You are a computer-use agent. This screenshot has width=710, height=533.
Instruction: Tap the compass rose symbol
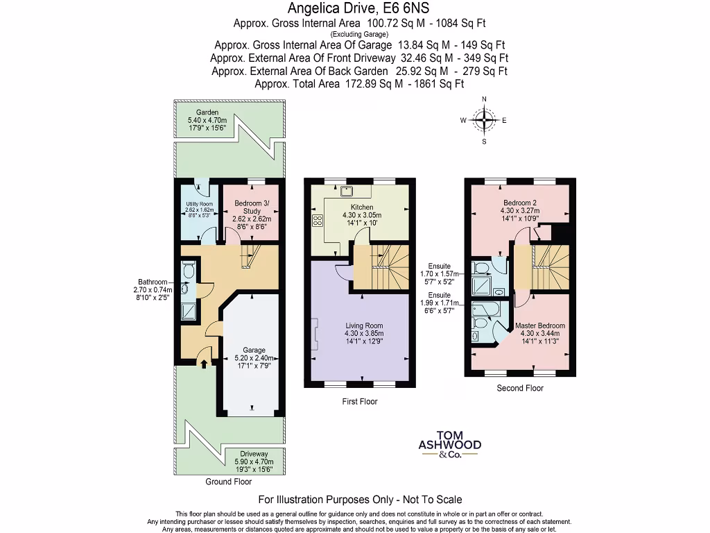point(483,120)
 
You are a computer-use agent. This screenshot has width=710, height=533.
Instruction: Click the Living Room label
point(364,325)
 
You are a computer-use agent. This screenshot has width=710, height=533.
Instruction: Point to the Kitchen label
point(362,207)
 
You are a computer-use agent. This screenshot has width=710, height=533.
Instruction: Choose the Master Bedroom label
point(540,325)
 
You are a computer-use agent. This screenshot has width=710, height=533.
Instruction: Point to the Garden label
point(207,112)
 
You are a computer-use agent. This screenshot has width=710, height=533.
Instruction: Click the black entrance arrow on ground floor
point(203,361)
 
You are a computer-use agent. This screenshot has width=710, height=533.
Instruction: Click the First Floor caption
point(360,401)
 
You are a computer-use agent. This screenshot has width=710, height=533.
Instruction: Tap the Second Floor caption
point(520,388)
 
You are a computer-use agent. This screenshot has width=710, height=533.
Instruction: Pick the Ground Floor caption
point(229,481)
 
